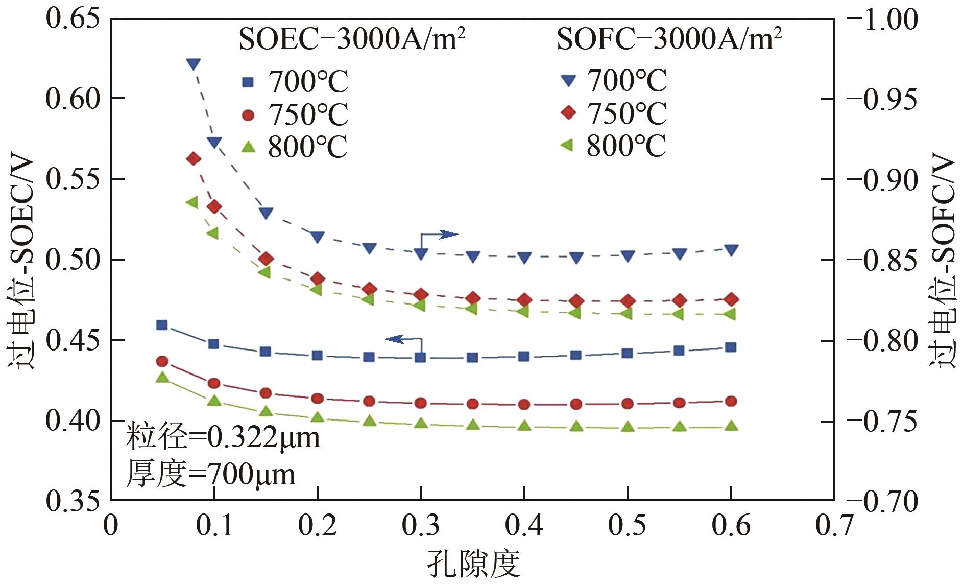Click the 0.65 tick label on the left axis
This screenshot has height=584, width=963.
click(x=72, y=19)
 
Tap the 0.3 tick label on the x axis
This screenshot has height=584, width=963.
click(x=421, y=525)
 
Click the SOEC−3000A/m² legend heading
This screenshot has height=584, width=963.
click(x=352, y=39)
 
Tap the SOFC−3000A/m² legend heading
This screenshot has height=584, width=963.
click(x=669, y=39)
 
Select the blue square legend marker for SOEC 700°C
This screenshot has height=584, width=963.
click(x=248, y=82)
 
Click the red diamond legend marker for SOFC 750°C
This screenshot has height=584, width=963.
click(x=568, y=112)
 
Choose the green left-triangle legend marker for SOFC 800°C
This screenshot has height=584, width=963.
click(x=567, y=146)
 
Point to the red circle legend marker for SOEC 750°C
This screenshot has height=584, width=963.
click(x=248, y=115)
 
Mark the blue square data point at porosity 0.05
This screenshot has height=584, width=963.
click(x=162, y=325)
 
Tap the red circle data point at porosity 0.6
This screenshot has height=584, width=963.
click(x=731, y=401)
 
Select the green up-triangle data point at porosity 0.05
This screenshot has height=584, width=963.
click(x=162, y=378)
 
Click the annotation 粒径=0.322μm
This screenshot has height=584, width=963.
click(x=223, y=437)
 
